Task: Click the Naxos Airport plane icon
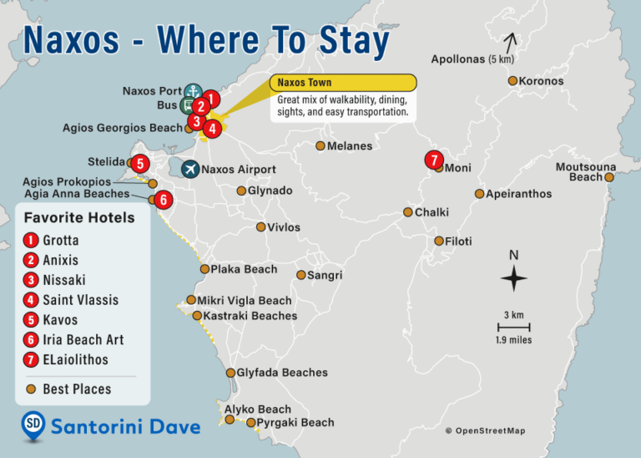pyautogui.click(x=190, y=170)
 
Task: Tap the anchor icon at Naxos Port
pyautogui.click(x=193, y=90)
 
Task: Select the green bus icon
pyautogui.click(x=188, y=105)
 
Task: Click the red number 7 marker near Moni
pyautogui.click(x=432, y=159)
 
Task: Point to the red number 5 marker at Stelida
pyautogui.click(x=140, y=163)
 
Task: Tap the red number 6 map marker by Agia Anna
pyautogui.click(x=164, y=200)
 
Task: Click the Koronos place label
pyautogui.click(x=541, y=81)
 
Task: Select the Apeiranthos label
pyautogui.click(x=518, y=194)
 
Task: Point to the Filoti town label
pyautogui.click(x=459, y=241)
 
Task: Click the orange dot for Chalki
pyautogui.click(x=408, y=212)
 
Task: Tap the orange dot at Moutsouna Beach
pyautogui.click(x=610, y=177)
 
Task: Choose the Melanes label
pyautogui.click(x=350, y=146)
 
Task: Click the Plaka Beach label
pyautogui.click(x=244, y=269)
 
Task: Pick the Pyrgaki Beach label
pyautogui.click(x=296, y=423)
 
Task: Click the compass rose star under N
pyautogui.click(x=514, y=278)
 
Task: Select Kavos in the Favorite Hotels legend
pyautogui.click(x=60, y=320)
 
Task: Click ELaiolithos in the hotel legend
pyautogui.click(x=75, y=360)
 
